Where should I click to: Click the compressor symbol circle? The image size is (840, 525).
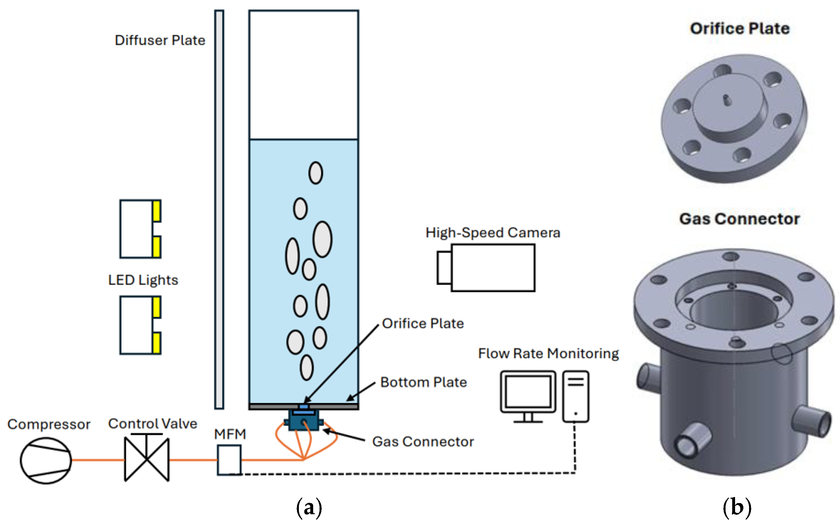click(x=46, y=460)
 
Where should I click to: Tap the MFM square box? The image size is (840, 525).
click(x=229, y=460)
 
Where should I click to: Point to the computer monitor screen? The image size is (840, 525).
click(x=528, y=392)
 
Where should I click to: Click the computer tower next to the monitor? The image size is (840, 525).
click(x=576, y=397)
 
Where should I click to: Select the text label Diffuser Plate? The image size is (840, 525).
click(x=160, y=40)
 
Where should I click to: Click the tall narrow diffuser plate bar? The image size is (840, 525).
click(x=219, y=209)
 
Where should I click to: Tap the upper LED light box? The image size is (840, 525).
click(x=140, y=229)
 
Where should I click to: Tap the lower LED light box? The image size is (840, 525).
click(x=140, y=325)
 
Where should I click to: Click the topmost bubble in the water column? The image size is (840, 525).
click(x=315, y=173)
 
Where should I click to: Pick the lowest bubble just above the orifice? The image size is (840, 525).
click(x=306, y=367)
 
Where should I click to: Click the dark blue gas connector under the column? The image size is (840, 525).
click(x=304, y=420)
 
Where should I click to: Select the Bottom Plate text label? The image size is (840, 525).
click(x=423, y=382)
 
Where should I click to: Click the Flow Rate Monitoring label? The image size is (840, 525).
click(x=548, y=353)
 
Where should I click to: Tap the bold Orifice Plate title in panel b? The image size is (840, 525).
click(x=740, y=29)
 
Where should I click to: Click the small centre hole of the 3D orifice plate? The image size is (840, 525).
click(x=727, y=100)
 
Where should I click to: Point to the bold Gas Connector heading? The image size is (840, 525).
click(x=740, y=219)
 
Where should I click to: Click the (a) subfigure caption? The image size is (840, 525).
click(x=309, y=508)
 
